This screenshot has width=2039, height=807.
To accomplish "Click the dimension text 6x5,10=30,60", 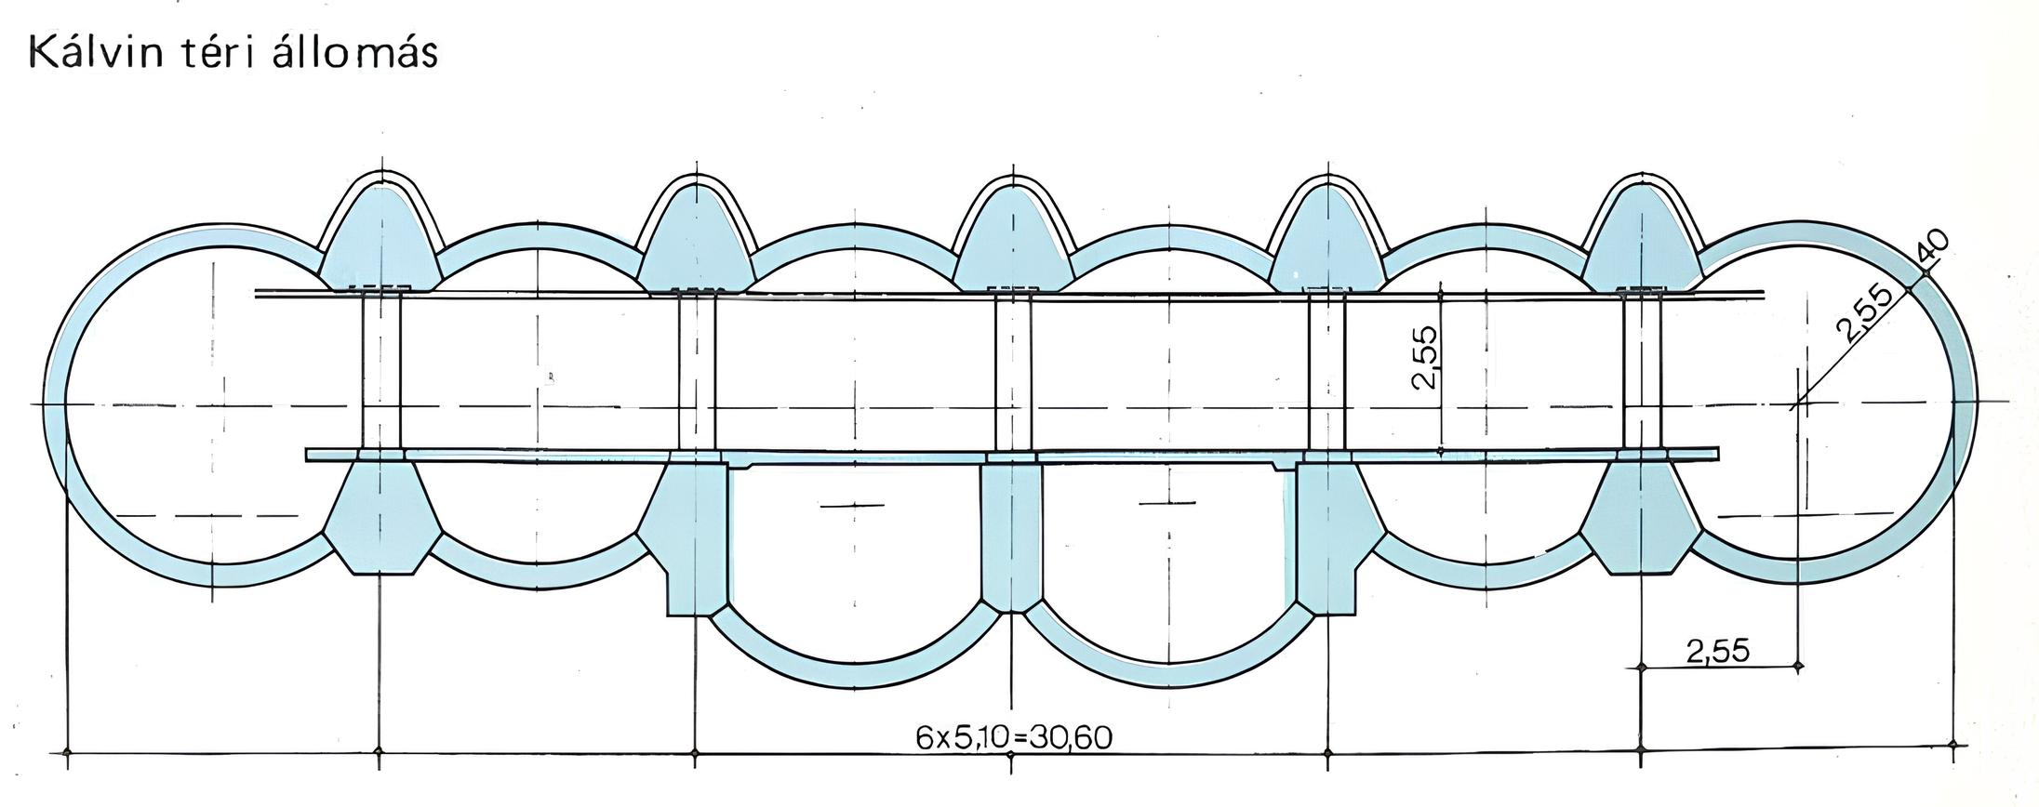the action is click(1014, 737).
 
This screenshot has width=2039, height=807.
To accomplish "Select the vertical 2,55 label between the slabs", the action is click(1425, 356).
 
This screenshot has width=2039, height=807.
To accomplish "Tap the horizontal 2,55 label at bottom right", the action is click(1718, 650).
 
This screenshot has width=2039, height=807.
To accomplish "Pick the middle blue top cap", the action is click(1012, 240).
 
